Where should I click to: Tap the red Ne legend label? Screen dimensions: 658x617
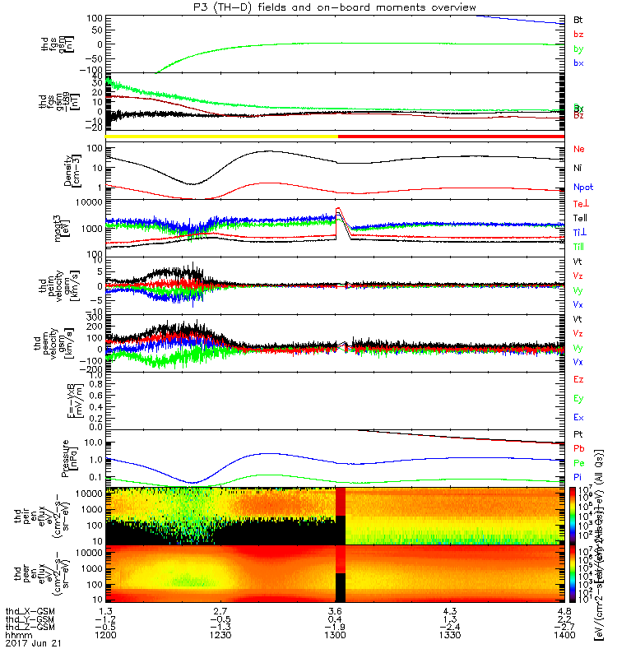click(x=578, y=149)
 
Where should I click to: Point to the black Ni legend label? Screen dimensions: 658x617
click(x=578, y=168)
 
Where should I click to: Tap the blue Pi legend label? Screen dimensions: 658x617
click(x=578, y=477)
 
